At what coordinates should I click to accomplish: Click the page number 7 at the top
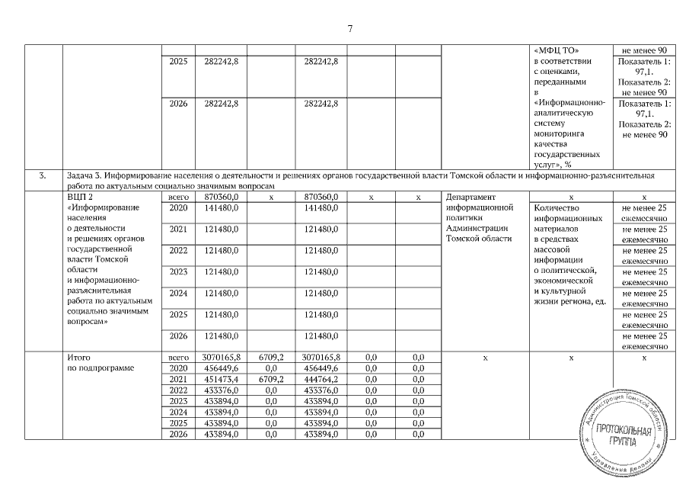(349, 29)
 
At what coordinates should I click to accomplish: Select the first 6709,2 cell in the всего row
(270, 357)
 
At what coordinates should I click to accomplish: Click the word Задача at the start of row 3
(81, 175)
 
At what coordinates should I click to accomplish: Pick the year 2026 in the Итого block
(177, 434)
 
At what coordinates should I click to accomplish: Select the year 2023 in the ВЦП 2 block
(177, 271)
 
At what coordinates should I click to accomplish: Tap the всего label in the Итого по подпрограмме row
(177, 357)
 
